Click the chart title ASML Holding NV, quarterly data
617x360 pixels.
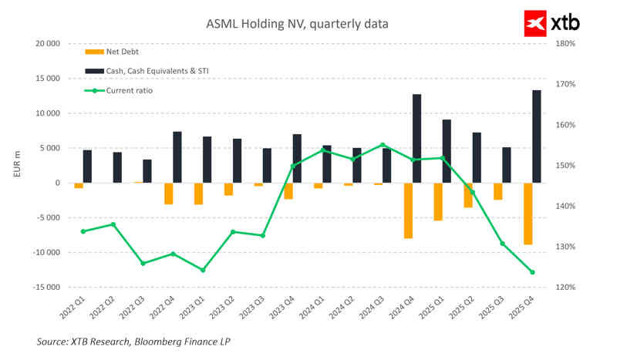coord(297,24)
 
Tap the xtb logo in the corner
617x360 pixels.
coord(551,23)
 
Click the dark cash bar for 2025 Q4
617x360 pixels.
coord(536,136)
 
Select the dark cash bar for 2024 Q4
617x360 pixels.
coord(416,139)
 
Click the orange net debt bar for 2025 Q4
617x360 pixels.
coord(528,214)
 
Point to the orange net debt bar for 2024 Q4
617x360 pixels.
coord(408,210)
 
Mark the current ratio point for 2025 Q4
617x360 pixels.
coord(532,272)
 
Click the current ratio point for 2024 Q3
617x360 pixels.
coord(383,144)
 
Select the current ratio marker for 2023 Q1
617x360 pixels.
coord(203,270)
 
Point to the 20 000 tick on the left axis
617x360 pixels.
coord(48,44)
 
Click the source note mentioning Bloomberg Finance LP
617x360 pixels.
coord(133,341)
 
